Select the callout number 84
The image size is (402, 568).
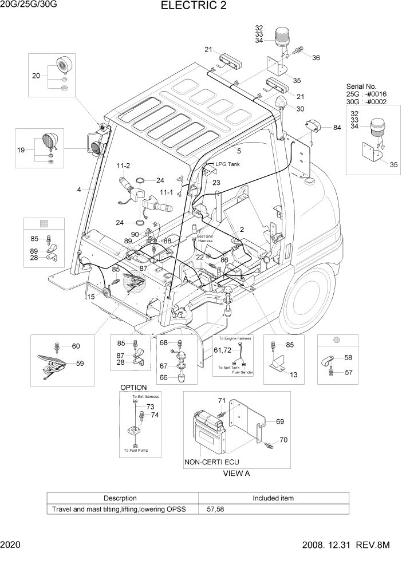(336, 128)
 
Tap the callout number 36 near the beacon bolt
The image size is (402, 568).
(316, 57)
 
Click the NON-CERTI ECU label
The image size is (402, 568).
(211, 462)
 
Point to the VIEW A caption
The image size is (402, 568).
(236, 474)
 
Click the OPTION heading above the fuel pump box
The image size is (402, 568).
(133, 388)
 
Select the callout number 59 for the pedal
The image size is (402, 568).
(80, 363)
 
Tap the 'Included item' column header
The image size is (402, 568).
(273, 498)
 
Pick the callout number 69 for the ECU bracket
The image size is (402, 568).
(280, 421)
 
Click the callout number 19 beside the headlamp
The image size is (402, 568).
(22, 150)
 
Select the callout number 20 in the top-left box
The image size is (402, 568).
(36, 76)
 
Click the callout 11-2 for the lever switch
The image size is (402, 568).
(123, 165)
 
